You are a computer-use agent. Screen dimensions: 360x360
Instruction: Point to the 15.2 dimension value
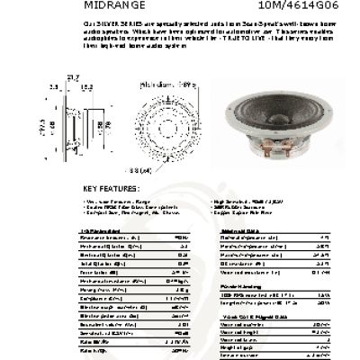[x=86, y=86]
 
